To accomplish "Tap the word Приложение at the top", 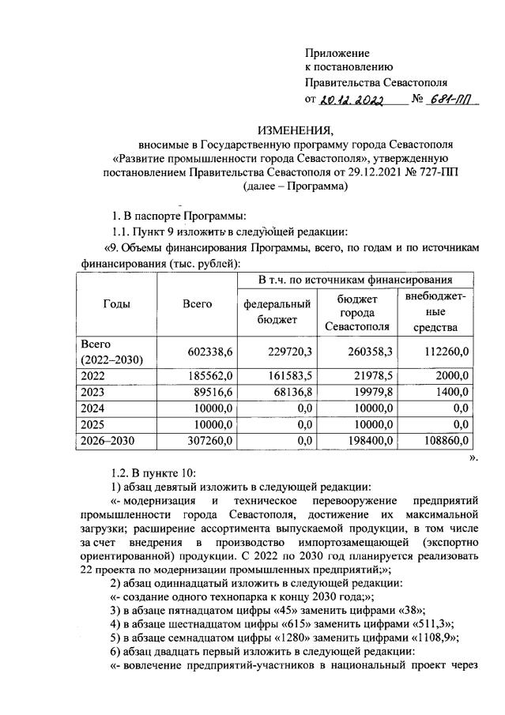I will (337, 52).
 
